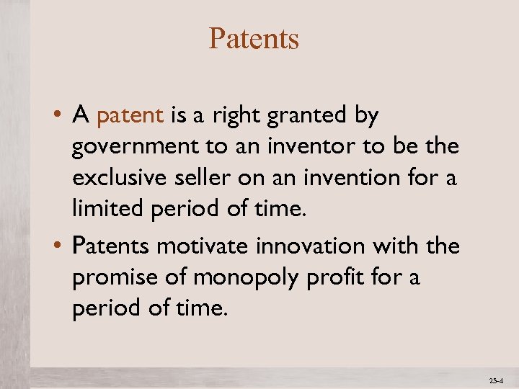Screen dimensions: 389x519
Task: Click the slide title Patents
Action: tap(254, 39)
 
